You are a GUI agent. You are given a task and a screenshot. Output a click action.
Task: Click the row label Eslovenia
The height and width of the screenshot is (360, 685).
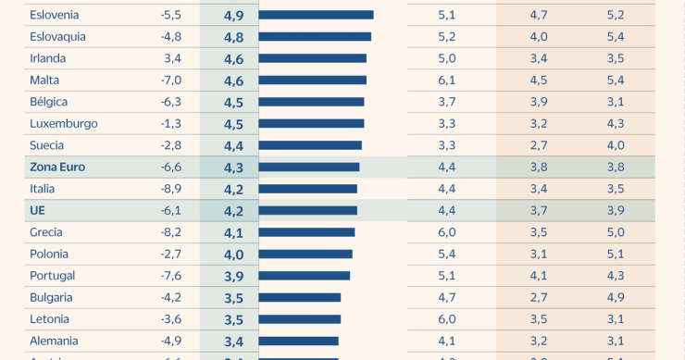click(55, 15)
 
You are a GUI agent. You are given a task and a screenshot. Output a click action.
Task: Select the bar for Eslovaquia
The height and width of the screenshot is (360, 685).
click(315, 37)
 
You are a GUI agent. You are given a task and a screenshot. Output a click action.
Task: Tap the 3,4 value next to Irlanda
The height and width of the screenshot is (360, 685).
click(172, 58)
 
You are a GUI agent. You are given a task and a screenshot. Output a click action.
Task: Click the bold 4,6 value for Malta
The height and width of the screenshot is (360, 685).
click(233, 81)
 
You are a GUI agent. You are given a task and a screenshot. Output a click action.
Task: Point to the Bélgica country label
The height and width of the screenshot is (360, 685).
click(49, 102)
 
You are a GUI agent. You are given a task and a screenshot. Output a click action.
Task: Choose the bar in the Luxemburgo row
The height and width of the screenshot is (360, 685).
click(311, 124)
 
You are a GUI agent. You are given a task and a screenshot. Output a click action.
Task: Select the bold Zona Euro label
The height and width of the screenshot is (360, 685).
click(56, 167)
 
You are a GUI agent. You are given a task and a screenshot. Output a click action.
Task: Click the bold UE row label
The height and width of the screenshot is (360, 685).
click(38, 210)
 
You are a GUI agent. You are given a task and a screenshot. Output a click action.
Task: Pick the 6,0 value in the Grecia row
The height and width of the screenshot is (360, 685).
click(447, 232)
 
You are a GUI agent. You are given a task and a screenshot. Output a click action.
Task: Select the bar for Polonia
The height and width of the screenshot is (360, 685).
click(305, 254)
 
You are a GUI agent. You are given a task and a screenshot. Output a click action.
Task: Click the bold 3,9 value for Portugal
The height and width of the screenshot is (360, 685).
click(233, 276)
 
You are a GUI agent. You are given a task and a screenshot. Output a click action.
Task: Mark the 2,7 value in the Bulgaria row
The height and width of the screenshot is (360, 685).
click(539, 297)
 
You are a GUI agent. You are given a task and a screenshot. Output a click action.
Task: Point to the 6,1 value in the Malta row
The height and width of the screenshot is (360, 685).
click(447, 81)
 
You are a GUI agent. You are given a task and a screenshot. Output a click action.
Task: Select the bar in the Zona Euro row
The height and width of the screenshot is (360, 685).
click(309, 168)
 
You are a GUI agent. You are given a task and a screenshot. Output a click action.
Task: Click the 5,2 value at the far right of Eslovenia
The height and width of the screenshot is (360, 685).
click(616, 15)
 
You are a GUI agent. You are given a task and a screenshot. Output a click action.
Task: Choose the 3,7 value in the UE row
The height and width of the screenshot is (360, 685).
click(539, 210)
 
